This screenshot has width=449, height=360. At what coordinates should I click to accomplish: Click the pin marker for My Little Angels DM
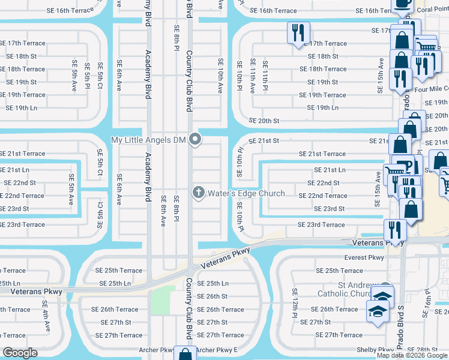(x=194, y=140)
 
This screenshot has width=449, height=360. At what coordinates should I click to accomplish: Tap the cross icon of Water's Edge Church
(x=198, y=193)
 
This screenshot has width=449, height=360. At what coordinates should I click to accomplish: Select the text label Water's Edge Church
(x=246, y=194)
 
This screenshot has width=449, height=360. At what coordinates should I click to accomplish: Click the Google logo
(x=20, y=353)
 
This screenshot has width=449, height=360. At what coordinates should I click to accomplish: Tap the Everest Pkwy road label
(x=364, y=257)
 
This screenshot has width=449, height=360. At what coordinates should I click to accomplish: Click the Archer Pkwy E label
(x=217, y=350)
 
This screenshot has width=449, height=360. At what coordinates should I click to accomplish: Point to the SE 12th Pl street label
(x=295, y=301)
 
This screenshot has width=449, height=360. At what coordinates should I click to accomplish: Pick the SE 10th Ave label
(x=220, y=76)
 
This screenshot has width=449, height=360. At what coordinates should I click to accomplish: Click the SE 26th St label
(x=212, y=296)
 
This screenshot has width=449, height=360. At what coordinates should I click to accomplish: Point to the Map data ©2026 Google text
(x=411, y=355)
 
